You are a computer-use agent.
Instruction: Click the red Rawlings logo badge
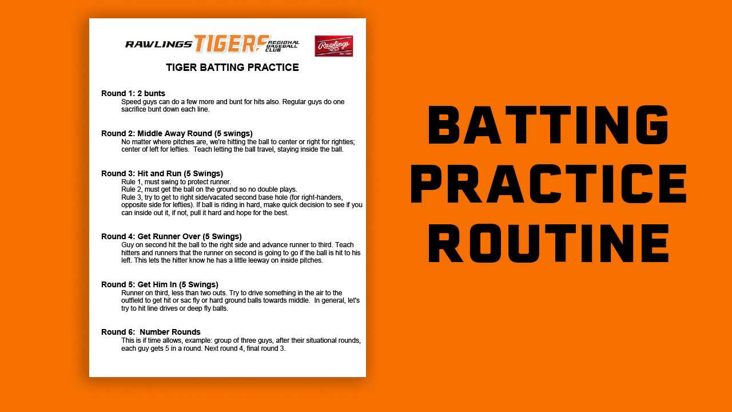[333, 46]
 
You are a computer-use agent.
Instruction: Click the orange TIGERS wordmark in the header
[232, 44]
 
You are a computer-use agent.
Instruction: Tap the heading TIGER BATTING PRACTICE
[232, 68]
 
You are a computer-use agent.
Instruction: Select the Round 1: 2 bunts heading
[133, 93]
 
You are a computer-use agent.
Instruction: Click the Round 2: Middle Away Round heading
[177, 133]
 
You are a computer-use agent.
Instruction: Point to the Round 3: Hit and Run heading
[162, 173]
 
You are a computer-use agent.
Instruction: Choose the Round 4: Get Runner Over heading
[172, 236]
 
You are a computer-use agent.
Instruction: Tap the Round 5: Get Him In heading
[160, 284]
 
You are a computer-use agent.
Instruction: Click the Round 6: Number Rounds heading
[150, 332]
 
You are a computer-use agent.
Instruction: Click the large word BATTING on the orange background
[548, 125]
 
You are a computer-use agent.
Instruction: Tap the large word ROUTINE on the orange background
[548, 244]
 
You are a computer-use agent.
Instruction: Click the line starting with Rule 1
[176, 182]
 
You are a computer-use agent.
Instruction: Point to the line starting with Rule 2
[209, 189]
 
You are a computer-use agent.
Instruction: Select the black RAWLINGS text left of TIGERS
[159, 44]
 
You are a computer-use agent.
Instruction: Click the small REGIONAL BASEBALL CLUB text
[283, 46]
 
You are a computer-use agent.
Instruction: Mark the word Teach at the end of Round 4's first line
[344, 245]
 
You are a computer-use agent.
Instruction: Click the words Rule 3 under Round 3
[132, 197]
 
